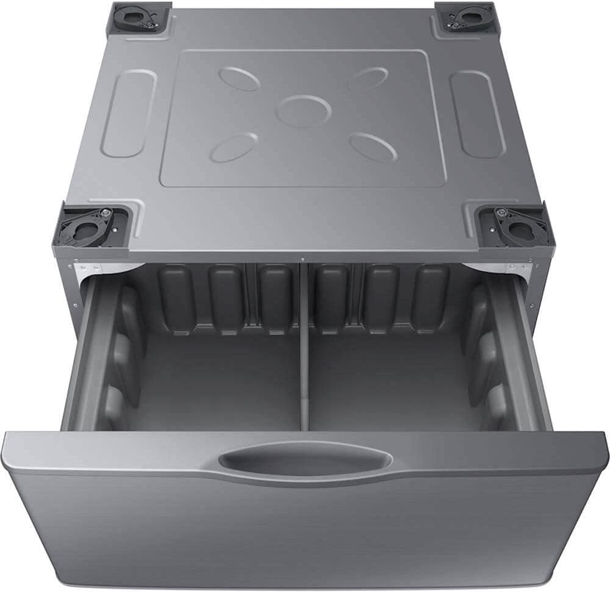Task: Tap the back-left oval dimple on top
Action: click(x=240, y=78)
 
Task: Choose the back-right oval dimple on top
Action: click(x=368, y=79)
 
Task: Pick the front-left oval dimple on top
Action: click(x=234, y=147)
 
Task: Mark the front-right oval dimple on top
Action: click(x=374, y=147)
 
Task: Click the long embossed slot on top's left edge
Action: click(x=129, y=113)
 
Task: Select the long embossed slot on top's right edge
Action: click(x=476, y=113)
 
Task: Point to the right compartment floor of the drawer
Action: click(x=390, y=384)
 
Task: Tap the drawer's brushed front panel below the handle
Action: click(x=305, y=531)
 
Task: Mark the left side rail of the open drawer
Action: click(x=82, y=354)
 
